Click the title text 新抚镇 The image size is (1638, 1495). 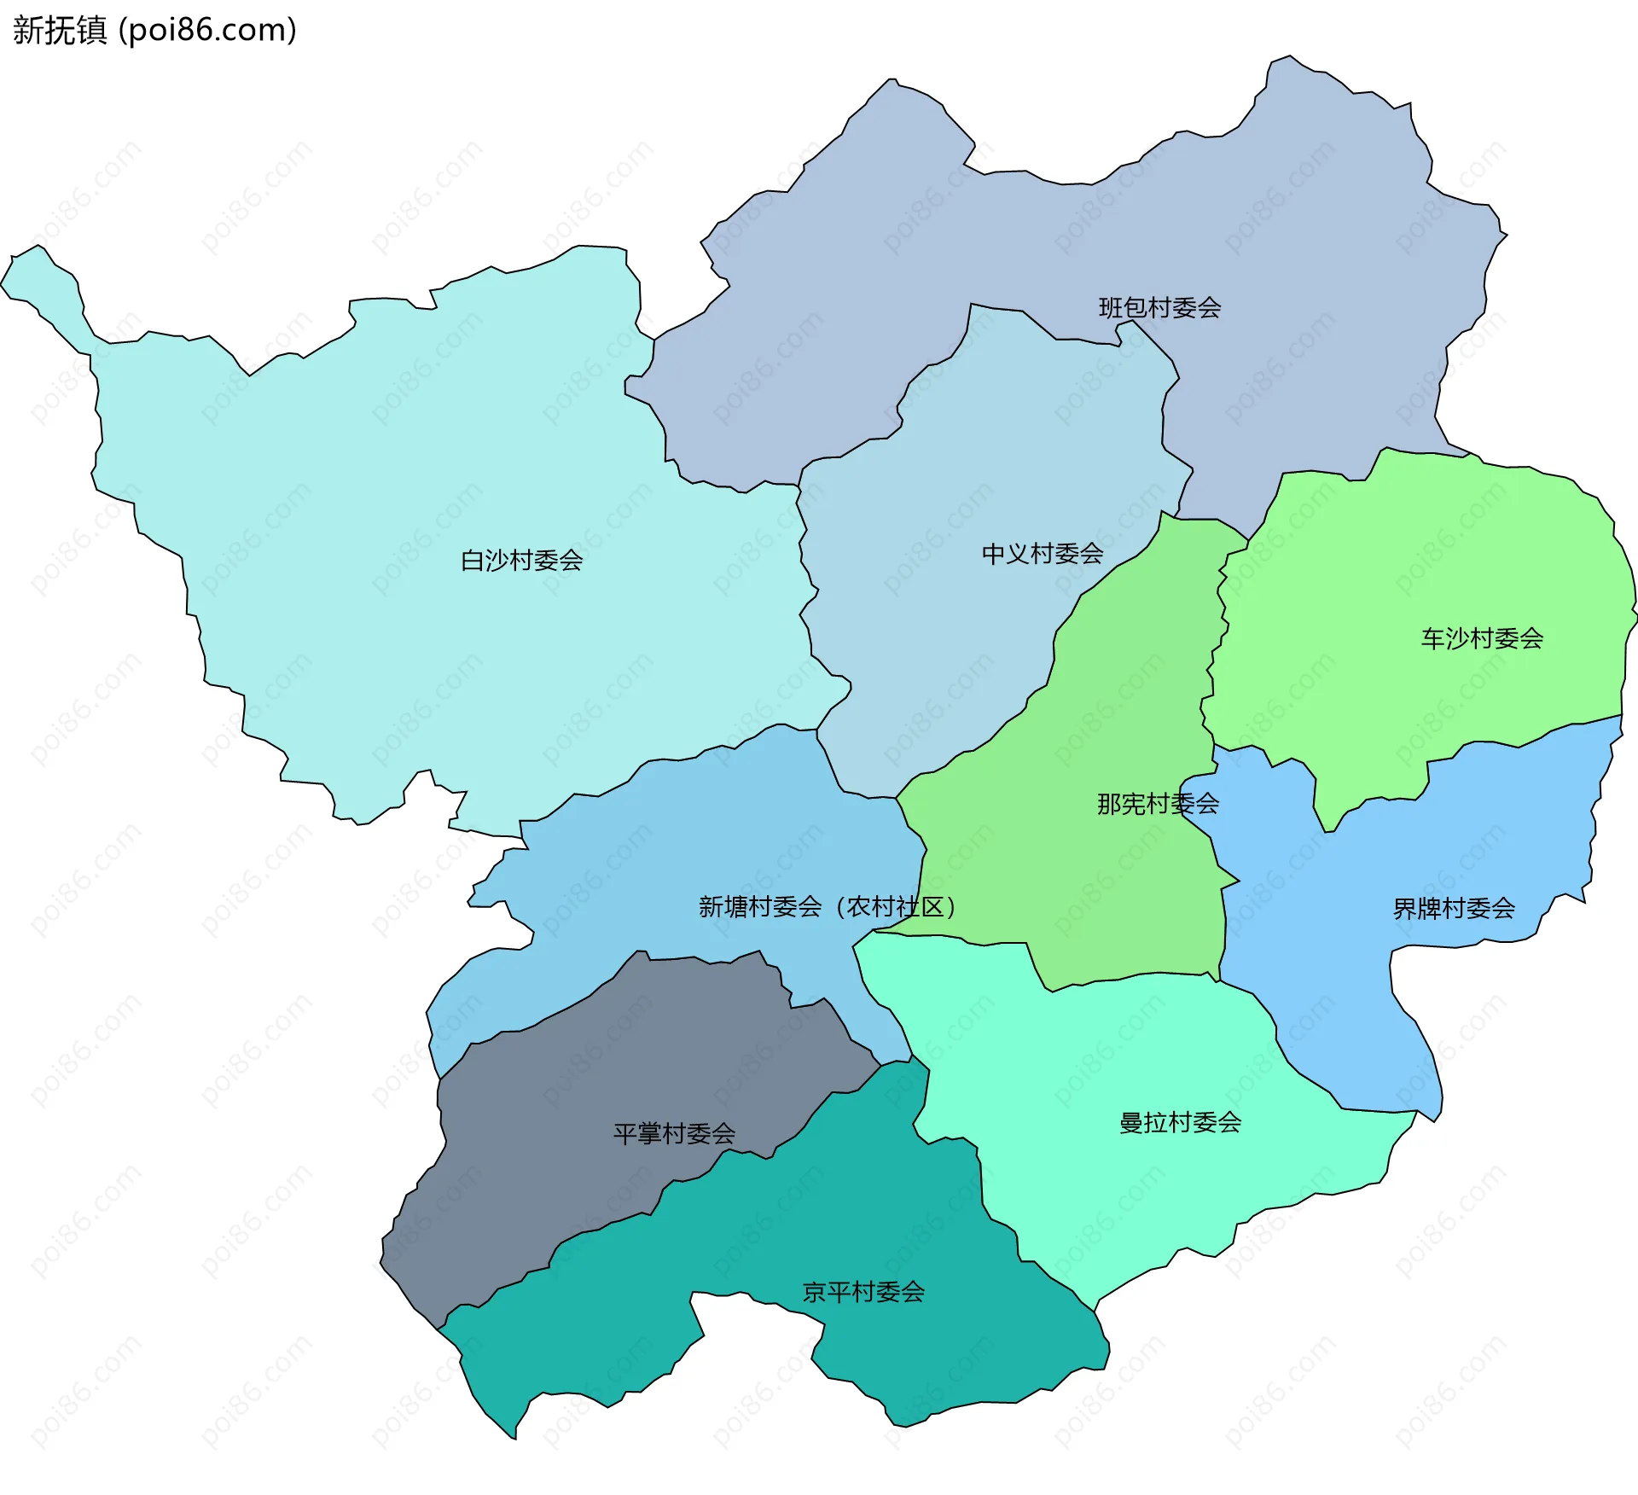pos(60,30)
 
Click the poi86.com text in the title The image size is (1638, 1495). pos(207,30)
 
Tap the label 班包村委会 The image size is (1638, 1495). pos(1159,308)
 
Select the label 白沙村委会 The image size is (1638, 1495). pos(521,561)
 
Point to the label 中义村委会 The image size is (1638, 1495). pos(1042,555)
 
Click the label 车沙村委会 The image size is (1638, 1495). pos(1481,638)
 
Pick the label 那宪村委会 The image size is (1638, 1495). pos(1157,804)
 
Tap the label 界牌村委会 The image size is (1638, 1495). pos(1453,909)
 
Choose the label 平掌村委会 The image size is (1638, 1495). pos(674,1134)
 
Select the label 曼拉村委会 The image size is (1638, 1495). pos(1179,1123)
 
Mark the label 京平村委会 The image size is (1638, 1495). pos(863,1292)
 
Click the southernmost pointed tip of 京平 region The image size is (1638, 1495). pos(514,1439)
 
